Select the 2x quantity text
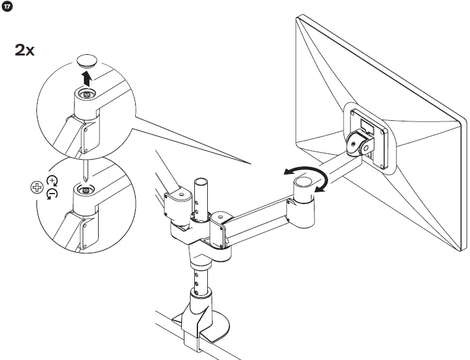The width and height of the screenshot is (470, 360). pos(25,50)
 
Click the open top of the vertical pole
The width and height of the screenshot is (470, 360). pos(200,182)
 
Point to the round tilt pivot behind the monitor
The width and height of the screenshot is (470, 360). pos(356,142)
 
